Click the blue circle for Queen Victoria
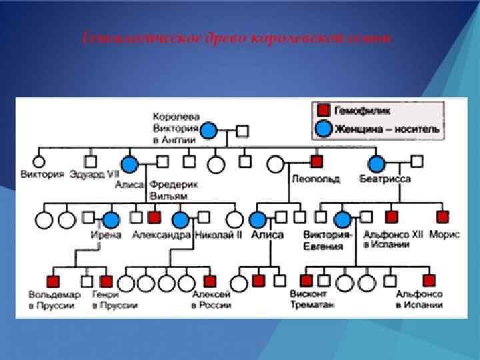tap(209, 131)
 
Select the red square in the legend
tap(323, 111)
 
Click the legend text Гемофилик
tap(363, 111)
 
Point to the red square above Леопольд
tap(317, 161)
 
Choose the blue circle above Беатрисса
tap(377, 163)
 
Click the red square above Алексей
tap(210, 281)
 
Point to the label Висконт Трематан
tap(312, 299)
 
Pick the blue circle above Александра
tap(180, 218)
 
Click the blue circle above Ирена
tap(111, 218)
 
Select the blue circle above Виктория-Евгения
tap(343, 218)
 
